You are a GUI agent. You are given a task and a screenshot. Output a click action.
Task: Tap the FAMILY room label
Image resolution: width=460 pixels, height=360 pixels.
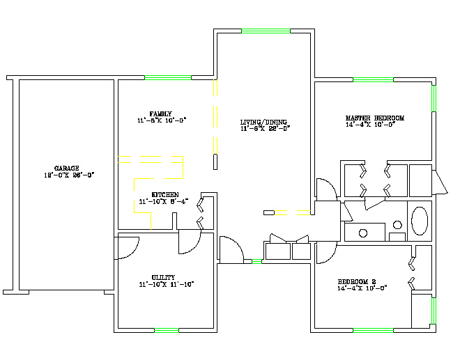coord(160,114)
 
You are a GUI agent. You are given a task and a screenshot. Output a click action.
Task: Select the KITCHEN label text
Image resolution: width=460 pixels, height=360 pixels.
coord(165,194)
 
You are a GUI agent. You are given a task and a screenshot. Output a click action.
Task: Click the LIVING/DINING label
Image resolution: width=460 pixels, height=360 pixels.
coord(264,121)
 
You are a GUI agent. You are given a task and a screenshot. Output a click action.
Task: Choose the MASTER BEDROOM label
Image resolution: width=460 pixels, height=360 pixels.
coord(374,118)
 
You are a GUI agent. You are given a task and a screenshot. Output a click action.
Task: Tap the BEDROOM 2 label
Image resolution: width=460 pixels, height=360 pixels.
coord(362,281)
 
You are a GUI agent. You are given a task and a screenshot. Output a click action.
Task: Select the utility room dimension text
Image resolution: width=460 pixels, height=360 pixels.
coord(165,284)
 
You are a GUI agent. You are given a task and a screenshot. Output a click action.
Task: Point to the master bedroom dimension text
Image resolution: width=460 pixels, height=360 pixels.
coord(370,125)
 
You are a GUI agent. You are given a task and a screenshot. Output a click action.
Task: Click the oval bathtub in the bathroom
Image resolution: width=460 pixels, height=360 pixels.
coord(420,220)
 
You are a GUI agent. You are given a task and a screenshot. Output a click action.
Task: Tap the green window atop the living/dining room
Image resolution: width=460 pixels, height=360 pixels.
coord(266,31)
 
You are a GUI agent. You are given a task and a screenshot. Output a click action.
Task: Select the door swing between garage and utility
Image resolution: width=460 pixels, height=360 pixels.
coord(128,248)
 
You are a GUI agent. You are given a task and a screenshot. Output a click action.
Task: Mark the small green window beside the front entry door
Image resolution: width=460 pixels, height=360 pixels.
coord(256,262)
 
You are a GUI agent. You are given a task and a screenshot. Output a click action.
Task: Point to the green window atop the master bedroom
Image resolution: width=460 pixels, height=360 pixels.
coord(373,80)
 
